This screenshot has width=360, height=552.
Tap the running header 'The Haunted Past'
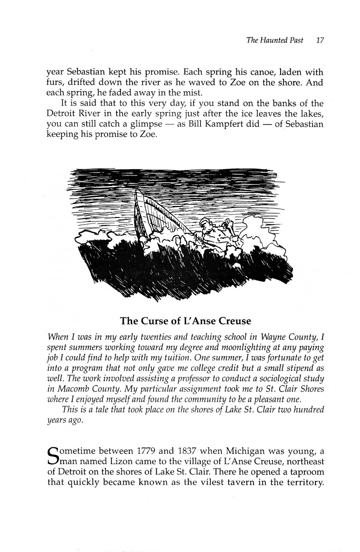(x=275, y=40)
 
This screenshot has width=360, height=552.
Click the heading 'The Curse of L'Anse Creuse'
(x=185, y=321)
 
